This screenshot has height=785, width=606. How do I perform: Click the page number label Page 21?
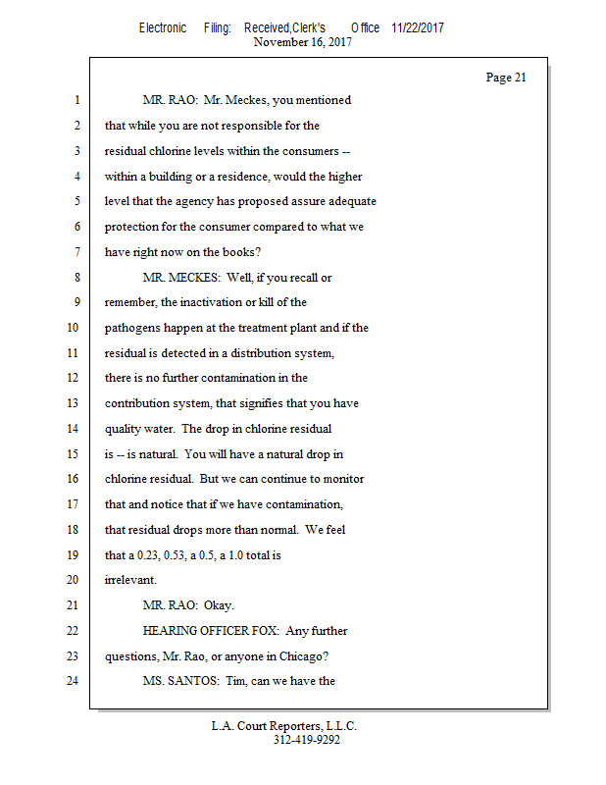[x=506, y=78]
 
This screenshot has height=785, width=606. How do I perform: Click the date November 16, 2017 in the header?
[x=302, y=42]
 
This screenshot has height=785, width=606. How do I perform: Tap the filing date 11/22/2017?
[x=417, y=28]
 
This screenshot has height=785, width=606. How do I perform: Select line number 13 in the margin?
[x=75, y=403]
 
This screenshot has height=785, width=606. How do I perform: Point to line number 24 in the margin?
[x=75, y=682]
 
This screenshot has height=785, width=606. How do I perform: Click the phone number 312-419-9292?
[x=306, y=740]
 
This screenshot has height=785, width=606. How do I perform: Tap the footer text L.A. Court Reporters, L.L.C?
[x=284, y=726]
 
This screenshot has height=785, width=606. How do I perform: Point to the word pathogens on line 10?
[x=132, y=328]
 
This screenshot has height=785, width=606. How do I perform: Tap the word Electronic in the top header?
[x=163, y=28]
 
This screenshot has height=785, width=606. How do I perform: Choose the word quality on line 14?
[x=124, y=429]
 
